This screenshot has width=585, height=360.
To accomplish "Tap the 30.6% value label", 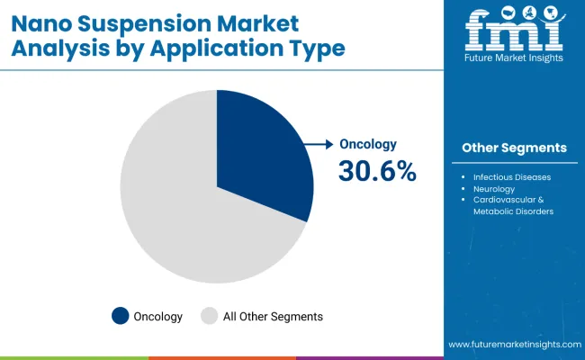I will coord(377,170).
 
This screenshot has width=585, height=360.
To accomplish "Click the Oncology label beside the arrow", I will coord(367,144).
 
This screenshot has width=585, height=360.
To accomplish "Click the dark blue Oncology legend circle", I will coord(120,316).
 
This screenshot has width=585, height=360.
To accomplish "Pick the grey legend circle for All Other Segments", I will coord(209,316).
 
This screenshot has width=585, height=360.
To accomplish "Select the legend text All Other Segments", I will coord(273,316).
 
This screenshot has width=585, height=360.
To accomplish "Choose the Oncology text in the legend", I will coord(158,316).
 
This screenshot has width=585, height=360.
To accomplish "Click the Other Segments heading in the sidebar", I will coord(514,148).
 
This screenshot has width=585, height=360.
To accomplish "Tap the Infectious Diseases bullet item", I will coord(512,177).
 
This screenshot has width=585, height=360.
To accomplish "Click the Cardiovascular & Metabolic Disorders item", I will coord(513,205).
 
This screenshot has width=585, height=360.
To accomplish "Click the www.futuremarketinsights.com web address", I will coord(512,345).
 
